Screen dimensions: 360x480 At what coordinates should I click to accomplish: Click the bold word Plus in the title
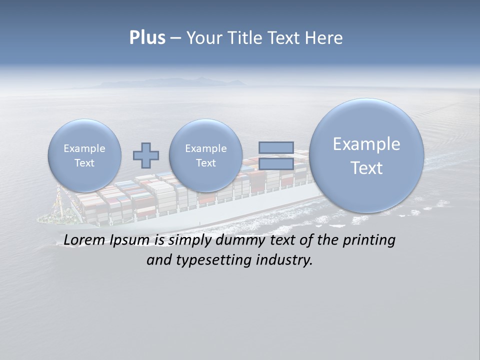tap(147, 38)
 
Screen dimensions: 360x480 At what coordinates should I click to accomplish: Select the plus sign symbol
tap(146, 155)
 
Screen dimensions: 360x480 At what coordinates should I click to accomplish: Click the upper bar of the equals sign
tap(276, 147)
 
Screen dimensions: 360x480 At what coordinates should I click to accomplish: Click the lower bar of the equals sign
tap(276, 164)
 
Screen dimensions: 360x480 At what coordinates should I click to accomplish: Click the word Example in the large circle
tap(366, 144)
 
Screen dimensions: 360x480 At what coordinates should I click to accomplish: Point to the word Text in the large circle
tap(366, 168)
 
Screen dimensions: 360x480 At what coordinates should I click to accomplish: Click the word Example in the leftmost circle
tap(84, 148)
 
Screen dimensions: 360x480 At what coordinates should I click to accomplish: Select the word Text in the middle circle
tap(205, 163)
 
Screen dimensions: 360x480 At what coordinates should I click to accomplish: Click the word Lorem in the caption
tap(84, 240)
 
